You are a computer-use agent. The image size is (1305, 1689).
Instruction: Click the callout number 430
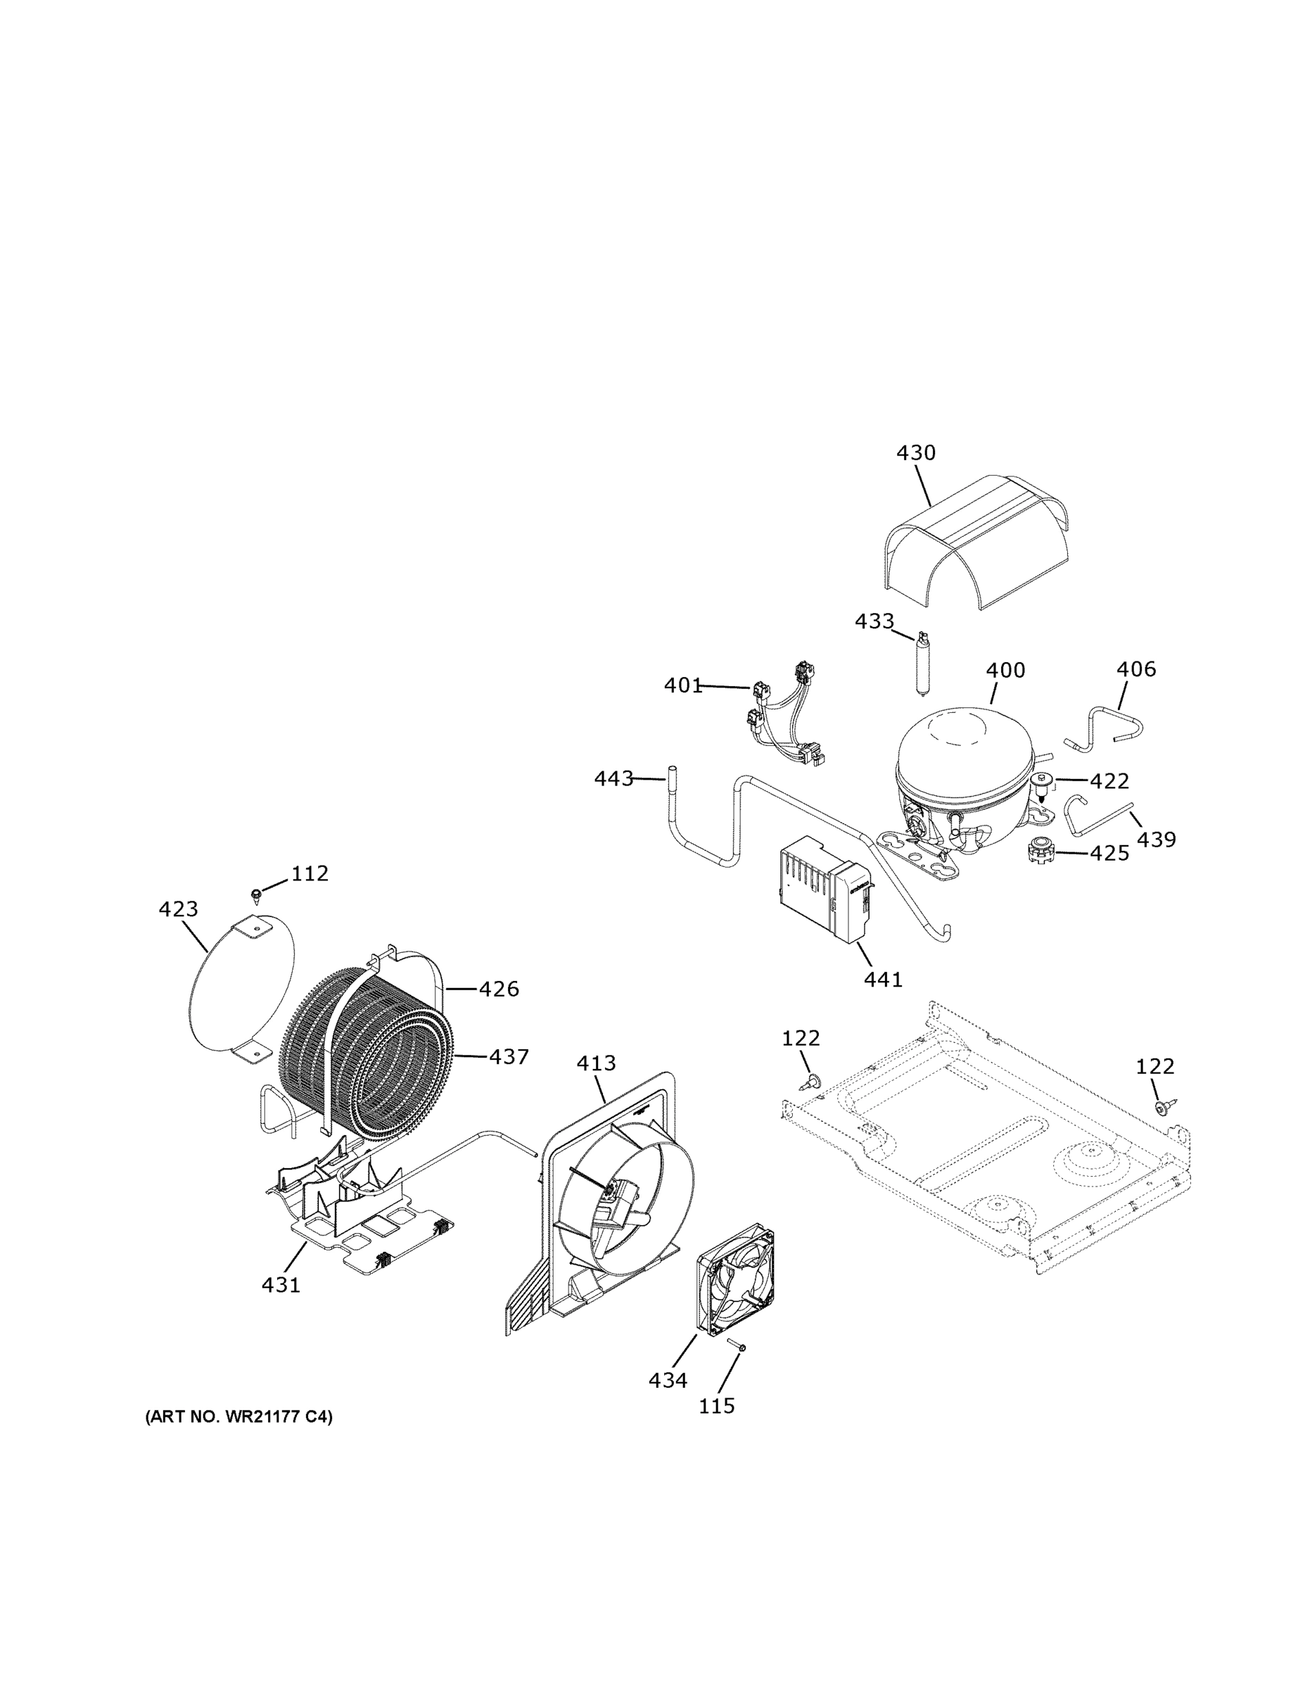[915, 453]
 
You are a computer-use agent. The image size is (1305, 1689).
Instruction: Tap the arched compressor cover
[976, 549]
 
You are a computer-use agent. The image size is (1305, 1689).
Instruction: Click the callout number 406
[1135, 670]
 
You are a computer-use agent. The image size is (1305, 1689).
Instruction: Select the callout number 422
[1109, 782]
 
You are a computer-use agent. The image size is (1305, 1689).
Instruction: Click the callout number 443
[614, 779]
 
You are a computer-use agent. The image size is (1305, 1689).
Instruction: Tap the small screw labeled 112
[256, 894]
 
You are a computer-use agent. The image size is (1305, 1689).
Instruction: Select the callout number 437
[508, 1056]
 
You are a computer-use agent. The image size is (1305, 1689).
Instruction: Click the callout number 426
[499, 989]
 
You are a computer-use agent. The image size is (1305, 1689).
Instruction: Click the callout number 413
[596, 1063]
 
